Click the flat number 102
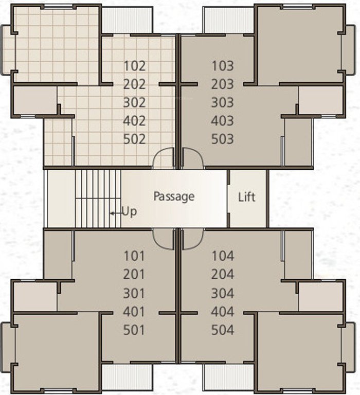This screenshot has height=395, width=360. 135,66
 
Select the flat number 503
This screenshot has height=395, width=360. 222,139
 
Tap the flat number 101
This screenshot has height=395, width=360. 135,256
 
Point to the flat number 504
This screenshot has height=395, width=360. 222,330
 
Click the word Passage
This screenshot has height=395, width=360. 174,196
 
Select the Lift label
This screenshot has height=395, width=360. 247,197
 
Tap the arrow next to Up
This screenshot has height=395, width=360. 114,212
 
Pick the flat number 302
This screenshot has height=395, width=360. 135,102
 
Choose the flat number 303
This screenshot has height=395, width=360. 222,102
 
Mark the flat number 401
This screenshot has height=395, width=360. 135,312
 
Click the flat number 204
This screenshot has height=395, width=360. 222,275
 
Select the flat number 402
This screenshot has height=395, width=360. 135,121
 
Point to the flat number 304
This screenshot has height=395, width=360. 222,294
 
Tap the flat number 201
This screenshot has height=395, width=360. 135,275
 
